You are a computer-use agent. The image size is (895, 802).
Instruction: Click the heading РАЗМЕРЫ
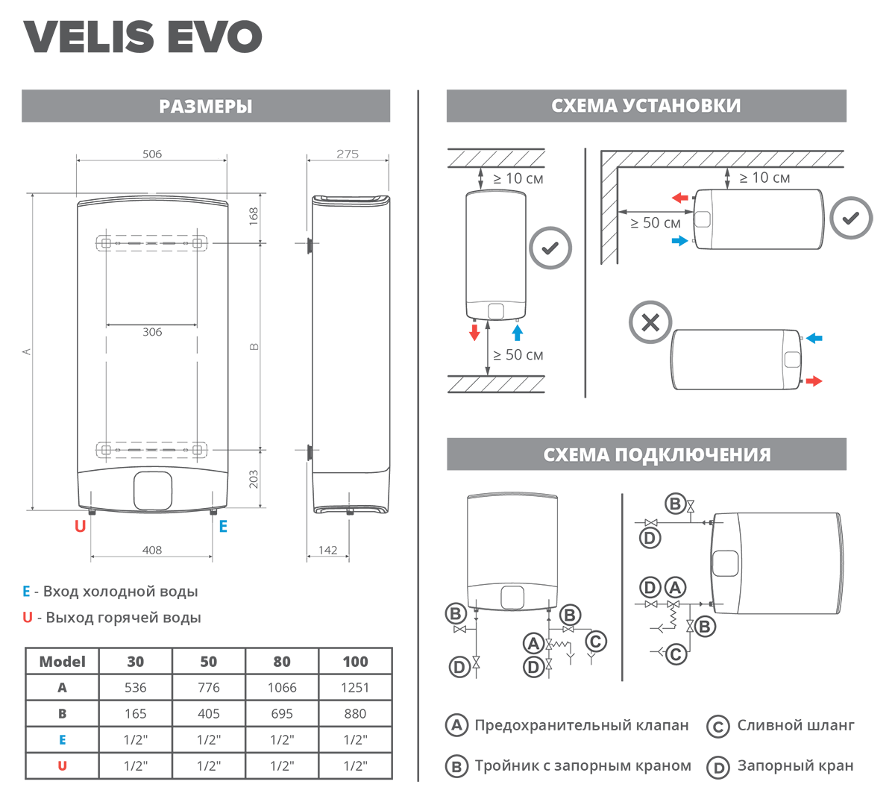tap(205, 107)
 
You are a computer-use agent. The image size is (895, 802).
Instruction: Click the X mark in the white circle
tap(650, 323)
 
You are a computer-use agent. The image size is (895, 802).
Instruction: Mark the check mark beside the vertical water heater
tap(550, 248)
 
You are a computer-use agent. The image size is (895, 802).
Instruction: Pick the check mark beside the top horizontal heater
tap(851, 219)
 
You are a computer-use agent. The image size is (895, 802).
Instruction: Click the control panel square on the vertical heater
tap(496, 310)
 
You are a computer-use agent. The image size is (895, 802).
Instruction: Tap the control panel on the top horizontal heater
tap(703, 219)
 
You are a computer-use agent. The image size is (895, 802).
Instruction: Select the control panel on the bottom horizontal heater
tap(792, 360)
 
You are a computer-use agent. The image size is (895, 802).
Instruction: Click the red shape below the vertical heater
tap(463, 337)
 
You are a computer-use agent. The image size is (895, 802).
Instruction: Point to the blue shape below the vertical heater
tap(524, 333)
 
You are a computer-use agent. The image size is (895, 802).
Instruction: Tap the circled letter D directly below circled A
tap(534, 667)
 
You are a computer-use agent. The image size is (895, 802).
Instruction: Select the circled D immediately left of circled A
tap(650, 588)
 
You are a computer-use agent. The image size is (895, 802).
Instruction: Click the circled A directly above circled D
tap(533, 643)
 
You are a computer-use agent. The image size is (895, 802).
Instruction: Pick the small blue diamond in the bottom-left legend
tap(62, 739)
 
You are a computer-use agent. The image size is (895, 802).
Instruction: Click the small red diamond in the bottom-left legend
tap(62, 765)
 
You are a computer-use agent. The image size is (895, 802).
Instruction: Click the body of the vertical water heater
tap(495, 246)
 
